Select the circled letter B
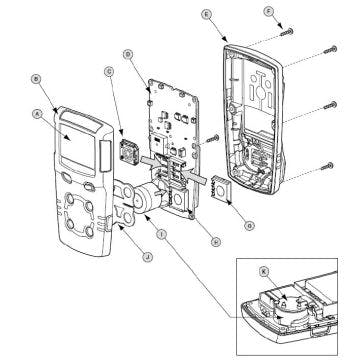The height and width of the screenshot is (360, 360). pos(36,77)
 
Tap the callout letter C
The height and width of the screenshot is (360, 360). pos(108,71)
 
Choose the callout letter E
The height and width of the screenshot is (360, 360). pos(205,14)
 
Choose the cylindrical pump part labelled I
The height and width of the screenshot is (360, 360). pos(150,195)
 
